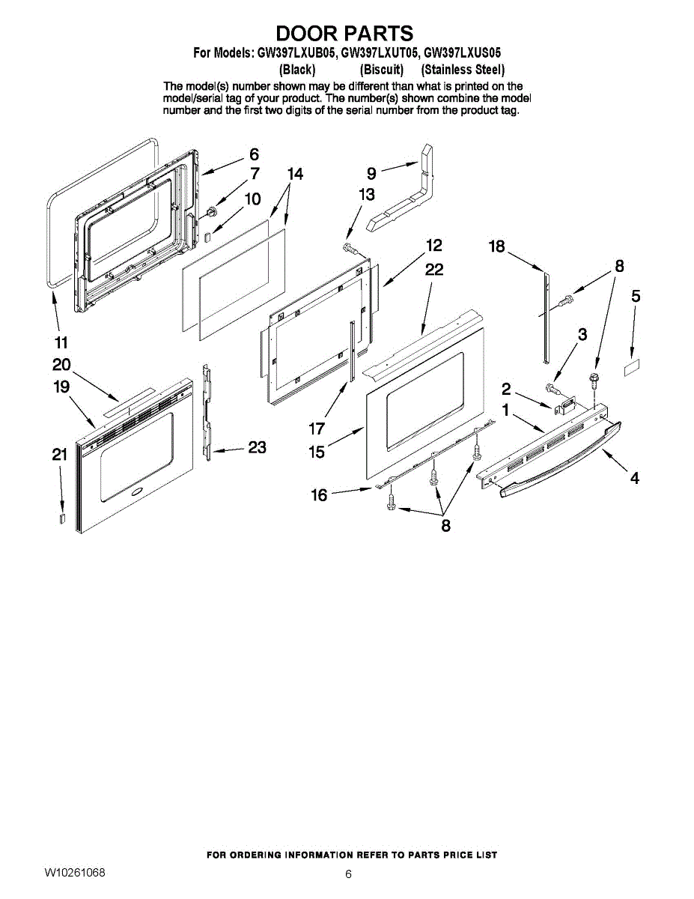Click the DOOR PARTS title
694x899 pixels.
pyautogui.click(x=344, y=34)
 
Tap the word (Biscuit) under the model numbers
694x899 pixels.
pyautogui.click(x=381, y=70)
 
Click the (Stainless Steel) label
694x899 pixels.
pyautogui.click(x=463, y=70)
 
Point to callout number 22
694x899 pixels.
pyautogui.click(x=434, y=270)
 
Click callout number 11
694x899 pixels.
pyautogui.click(x=61, y=342)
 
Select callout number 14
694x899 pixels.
pyautogui.click(x=295, y=174)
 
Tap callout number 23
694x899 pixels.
pyautogui.click(x=257, y=447)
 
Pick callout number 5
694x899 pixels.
pyautogui.click(x=636, y=296)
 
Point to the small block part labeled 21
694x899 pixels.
pyautogui.click(x=63, y=519)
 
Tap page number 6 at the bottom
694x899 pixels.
pyautogui.click(x=348, y=874)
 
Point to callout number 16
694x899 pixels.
pyautogui.click(x=320, y=494)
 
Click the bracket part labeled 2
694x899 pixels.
pyautogui.click(x=563, y=407)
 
